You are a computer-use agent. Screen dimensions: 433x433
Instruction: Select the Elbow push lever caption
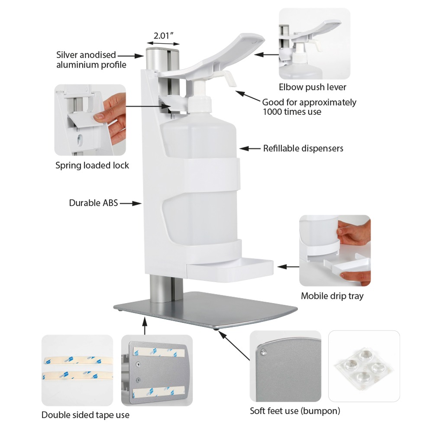312,87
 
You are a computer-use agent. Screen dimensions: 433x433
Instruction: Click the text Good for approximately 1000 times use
309,107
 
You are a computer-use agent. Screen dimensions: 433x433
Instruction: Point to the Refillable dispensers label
303,149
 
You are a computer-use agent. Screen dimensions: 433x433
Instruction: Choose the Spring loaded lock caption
92,165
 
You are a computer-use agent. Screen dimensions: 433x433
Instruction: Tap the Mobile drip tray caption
332,296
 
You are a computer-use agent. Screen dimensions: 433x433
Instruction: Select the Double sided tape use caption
85,415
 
